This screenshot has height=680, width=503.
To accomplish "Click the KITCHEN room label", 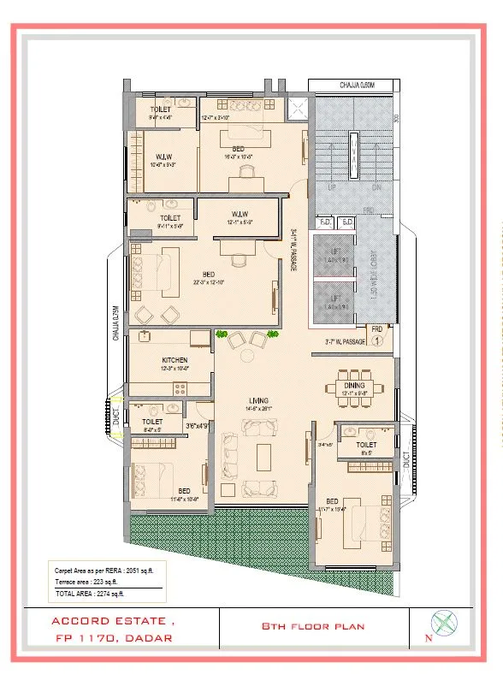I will [x=175, y=360].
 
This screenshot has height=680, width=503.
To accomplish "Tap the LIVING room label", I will [x=259, y=399].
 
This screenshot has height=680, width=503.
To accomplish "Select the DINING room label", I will [x=354, y=386].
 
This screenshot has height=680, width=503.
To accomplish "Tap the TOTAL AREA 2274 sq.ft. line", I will [x=90, y=593].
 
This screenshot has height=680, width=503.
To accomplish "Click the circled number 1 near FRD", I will [x=376, y=340].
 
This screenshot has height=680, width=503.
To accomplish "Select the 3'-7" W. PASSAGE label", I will [x=345, y=342].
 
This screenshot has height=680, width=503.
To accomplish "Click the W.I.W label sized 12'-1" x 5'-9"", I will [x=240, y=214].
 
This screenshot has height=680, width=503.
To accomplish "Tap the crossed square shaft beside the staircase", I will [x=299, y=108].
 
